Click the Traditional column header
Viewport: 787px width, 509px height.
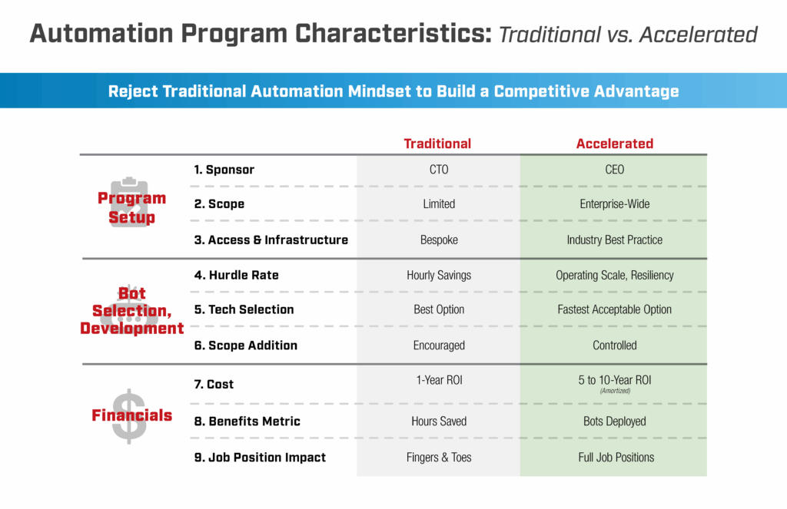coord(437,144)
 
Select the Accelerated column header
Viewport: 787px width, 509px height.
coord(614,144)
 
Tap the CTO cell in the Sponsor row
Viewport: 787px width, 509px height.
coord(439,169)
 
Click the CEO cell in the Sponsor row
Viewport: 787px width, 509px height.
coord(614,169)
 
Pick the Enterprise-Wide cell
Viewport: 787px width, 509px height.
coord(614,204)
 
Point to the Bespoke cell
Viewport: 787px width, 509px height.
coord(439,240)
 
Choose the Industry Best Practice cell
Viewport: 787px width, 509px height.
coord(614,240)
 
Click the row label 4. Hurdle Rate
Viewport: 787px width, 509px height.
coord(235,274)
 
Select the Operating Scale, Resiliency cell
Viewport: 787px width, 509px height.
coord(614,274)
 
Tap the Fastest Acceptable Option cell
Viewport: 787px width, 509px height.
coord(614,309)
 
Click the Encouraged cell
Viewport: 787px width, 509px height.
coord(439,345)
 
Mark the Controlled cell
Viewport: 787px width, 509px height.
coord(614,345)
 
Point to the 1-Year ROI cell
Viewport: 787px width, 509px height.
coord(439,378)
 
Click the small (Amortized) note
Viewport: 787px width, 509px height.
coord(614,391)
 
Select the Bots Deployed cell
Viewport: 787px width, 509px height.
coord(614,421)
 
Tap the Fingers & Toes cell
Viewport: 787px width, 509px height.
coord(439,458)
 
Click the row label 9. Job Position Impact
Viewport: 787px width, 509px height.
coord(260,458)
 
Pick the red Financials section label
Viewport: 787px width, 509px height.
coord(131,415)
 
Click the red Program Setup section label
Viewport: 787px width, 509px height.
coord(131,207)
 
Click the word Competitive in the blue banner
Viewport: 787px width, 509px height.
coord(543,91)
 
